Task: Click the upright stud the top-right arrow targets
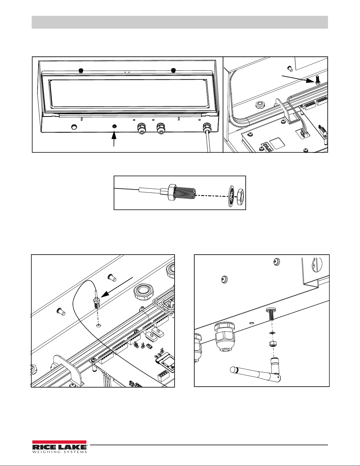[x=317, y=80]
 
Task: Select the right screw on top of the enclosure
[x=173, y=71]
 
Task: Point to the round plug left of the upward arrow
[x=74, y=127]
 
